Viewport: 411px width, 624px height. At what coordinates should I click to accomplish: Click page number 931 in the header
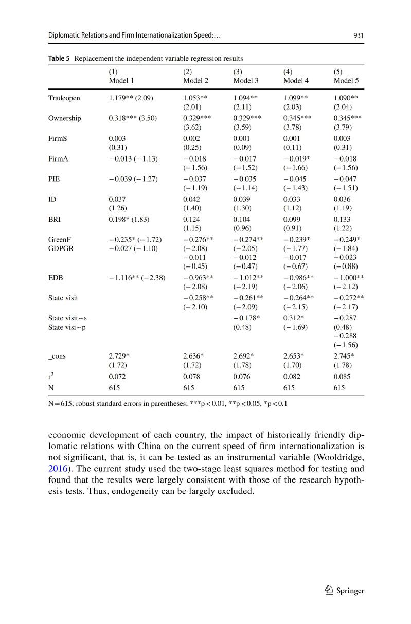click(x=359, y=35)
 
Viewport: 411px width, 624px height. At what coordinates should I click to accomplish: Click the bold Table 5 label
click(x=59, y=58)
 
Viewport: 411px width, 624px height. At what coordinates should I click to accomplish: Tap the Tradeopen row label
click(x=64, y=98)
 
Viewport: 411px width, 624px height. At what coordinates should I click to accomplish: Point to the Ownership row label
click(x=65, y=118)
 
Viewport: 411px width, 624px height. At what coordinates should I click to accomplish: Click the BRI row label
click(x=54, y=219)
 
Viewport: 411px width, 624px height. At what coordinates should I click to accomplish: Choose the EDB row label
click(x=56, y=278)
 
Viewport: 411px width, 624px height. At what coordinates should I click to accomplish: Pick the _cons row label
click(x=57, y=356)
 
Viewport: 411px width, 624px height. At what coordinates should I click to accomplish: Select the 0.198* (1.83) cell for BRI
click(x=129, y=219)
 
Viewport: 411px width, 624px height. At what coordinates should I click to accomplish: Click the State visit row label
click(x=63, y=297)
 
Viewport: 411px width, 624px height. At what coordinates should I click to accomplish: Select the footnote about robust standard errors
click(x=168, y=403)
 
